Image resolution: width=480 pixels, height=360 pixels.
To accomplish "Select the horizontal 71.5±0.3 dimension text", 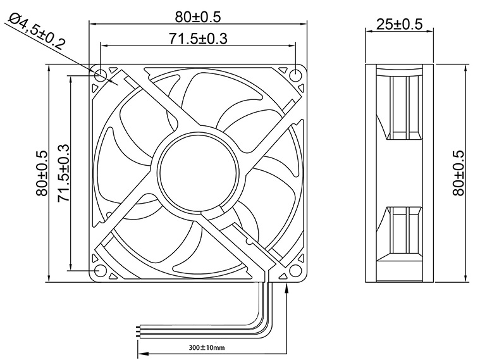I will coord(199,38).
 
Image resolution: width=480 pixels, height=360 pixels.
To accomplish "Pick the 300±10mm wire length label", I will coord(207,347).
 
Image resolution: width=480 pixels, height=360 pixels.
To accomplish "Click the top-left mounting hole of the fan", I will coord(101,75).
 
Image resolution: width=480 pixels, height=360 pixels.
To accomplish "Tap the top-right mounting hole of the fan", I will coord(297,75).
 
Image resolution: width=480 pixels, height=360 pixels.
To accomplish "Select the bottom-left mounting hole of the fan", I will coord(101,271).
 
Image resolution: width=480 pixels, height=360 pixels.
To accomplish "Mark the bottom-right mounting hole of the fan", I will coord(297,271).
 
